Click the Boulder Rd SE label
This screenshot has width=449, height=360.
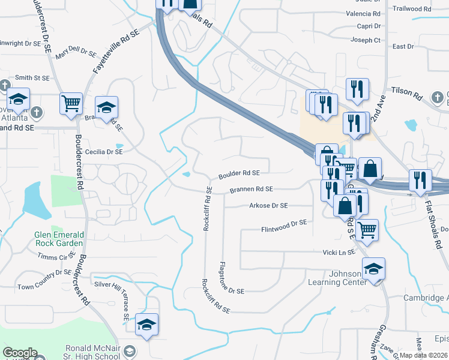239,173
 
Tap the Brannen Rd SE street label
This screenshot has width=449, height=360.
251,189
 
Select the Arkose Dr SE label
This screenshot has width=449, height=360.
268,205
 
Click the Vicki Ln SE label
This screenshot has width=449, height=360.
339,253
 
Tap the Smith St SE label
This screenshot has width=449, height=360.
32,77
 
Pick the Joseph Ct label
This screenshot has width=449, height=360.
366,40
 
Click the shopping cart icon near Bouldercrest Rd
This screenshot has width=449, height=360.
71,103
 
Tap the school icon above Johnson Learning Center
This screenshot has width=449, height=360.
373,268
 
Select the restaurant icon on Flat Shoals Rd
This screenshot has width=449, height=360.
420,180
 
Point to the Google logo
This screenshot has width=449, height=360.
20,353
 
